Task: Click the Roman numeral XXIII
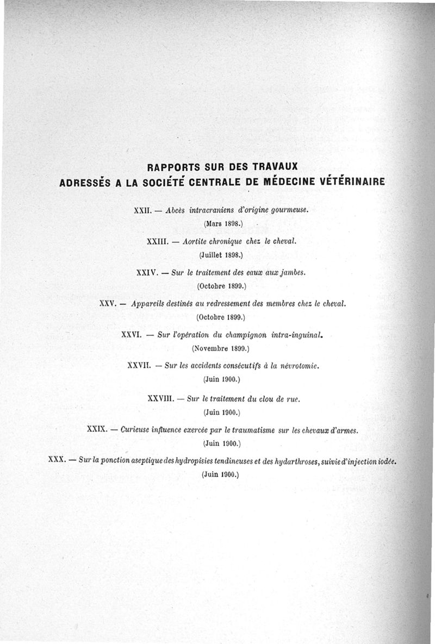(157, 241)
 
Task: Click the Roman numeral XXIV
(147, 272)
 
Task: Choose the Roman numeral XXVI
(132, 335)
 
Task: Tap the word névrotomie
(299, 366)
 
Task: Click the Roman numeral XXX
(57, 461)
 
